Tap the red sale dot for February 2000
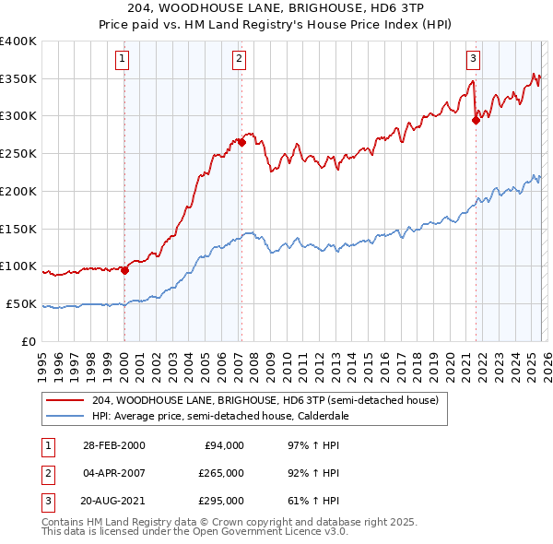pyautogui.click(x=124, y=271)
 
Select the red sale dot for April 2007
pyautogui.click(x=241, y=142)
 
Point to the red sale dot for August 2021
pyautogui.click(x=477, y=119)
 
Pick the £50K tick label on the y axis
pyautogui.click(x=21, y=303)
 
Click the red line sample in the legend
pyautogui.click(x=65, y=400)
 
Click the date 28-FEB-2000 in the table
pyautogui.click(x=112, y=445)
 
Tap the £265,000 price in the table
pyautogui.click(x=220, y=473)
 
